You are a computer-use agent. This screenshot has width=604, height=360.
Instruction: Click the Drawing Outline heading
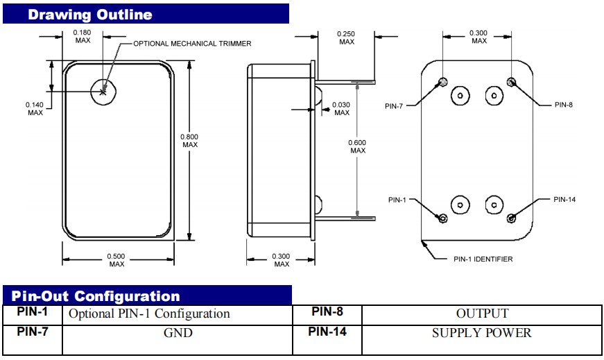tap(90, 14)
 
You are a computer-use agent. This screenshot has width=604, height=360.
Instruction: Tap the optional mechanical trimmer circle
tap(104, 91)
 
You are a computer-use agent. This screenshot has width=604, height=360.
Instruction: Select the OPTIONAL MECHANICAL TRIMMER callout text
tap(192, 43)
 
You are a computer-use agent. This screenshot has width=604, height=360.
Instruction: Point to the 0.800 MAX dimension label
tap(190, 140)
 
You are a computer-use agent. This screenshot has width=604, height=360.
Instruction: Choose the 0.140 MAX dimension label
tap(35, 108)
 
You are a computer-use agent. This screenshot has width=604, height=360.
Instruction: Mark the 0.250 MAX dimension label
tap(347, 38)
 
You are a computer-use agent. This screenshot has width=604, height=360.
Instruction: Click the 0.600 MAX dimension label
tap(358, 146)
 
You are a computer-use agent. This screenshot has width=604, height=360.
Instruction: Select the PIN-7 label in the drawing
tap(397, 105)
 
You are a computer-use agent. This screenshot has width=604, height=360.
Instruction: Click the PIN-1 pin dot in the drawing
tap(443, 218)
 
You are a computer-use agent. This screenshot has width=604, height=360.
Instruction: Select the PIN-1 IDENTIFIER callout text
tap(483, 259)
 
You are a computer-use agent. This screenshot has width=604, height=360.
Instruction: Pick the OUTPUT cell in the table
tap(482, 314)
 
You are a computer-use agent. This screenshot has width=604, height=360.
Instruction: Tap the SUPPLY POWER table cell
tap(482, 333)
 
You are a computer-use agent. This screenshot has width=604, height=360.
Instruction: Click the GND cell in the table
tap(178, 333)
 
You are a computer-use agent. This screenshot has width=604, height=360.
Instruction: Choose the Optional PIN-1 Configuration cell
tap(149, 314)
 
